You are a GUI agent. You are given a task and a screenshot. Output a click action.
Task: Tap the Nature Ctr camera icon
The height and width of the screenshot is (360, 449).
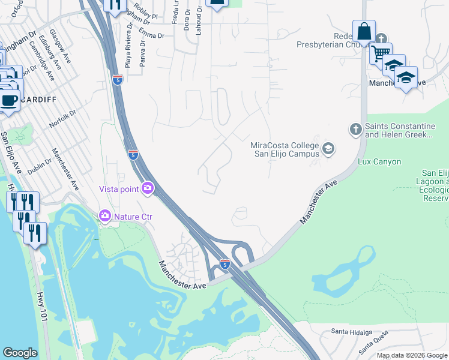pyautogui.click(x=105, y=215)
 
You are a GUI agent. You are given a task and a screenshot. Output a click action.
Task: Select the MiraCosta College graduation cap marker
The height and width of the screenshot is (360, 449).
pyautogui.click(x=328, y=148)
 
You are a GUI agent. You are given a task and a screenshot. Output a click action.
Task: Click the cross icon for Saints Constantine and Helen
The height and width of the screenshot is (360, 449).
pyautogui.click(x=355, y=128)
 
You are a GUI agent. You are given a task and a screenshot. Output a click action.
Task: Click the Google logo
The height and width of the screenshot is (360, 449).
pyautogui.click(x=20, y=353)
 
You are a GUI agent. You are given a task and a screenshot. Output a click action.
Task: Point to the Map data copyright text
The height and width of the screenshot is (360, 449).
pyautogui.click(x=412, y=355)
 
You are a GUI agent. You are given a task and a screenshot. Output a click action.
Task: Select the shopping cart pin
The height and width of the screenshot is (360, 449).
pyautogui.click(x=380, y=53)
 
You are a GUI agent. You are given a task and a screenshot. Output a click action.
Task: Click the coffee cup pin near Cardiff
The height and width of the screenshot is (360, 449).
pyautogui.click(x=8, y=100)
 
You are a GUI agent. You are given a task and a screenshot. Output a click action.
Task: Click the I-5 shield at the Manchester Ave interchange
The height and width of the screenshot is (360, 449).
pyautogui.click(x=224, y=264)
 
